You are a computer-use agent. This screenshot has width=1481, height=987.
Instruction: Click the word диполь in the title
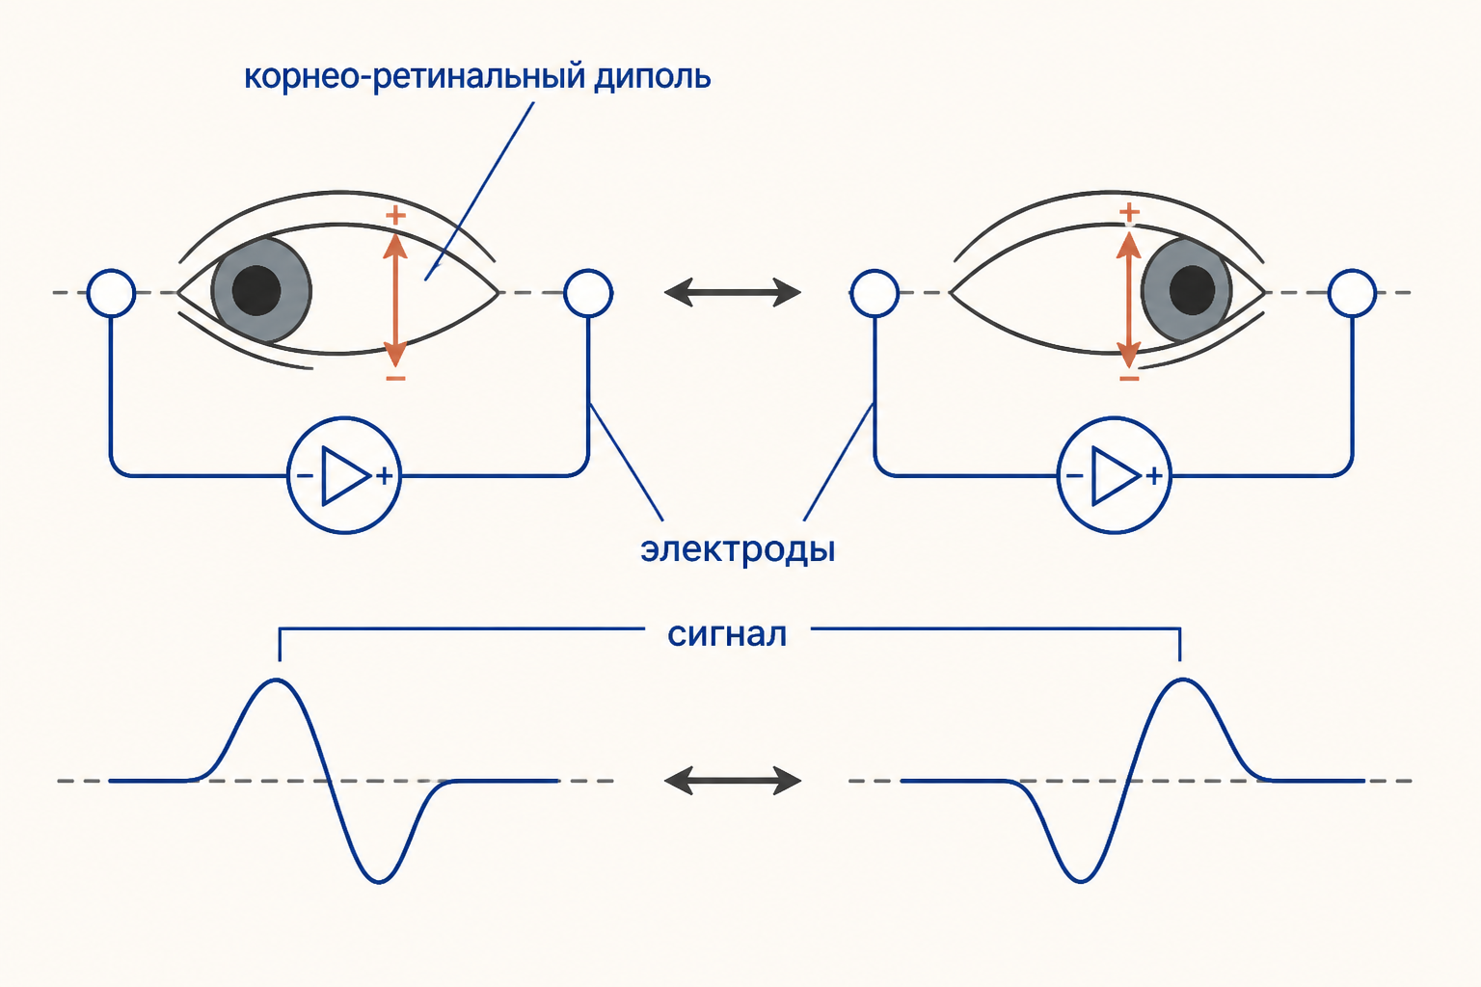(652, 78)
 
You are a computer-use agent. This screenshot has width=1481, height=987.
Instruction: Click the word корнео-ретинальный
(416, 78)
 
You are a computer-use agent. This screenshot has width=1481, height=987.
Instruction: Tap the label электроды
(738, 550)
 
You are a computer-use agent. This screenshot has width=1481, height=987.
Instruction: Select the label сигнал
(727, 634)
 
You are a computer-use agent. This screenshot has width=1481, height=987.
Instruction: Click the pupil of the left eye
(256, 290)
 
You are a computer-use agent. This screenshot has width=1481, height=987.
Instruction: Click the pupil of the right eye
(1192, 289)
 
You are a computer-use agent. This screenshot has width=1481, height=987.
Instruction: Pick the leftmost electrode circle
(111, 293)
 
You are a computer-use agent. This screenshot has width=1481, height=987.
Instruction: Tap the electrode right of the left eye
(588, 293)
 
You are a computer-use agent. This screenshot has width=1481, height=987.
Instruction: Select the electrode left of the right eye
(875, 293)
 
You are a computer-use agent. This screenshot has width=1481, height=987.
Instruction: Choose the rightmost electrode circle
(1352, 293)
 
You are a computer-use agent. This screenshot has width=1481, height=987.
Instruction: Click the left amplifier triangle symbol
(345, 475)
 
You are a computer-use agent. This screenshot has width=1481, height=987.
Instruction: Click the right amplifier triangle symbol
(1116, 475)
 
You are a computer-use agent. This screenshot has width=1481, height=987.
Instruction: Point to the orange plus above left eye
(395, 216)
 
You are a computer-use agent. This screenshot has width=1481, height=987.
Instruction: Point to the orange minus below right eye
(1129, 378)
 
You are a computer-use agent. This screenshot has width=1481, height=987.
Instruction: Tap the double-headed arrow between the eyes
(733, 292)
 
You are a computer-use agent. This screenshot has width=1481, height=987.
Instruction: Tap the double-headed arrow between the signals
(733, 781)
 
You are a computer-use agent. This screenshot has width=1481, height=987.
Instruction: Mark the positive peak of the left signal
(277, 680)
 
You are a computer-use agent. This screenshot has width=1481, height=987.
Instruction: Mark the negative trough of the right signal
(1080, 881)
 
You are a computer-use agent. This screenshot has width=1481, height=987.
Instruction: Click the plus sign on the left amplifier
(384, 476)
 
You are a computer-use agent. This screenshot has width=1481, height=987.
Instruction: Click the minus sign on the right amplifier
(1075, 476)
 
